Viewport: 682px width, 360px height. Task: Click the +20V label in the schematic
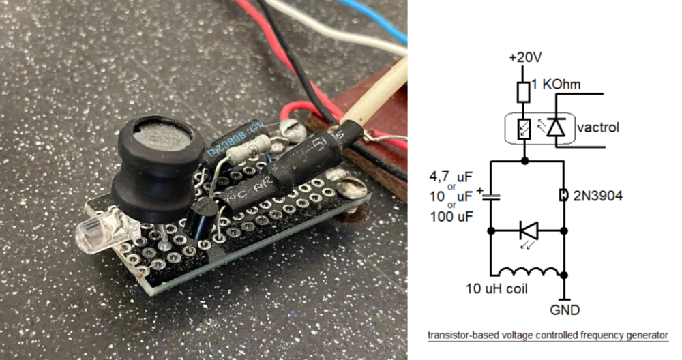[525, 57]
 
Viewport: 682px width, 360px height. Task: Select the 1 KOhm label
[556, 84]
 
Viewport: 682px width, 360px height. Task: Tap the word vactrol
[597, 127]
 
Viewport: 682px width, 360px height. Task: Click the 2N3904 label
[597, 196]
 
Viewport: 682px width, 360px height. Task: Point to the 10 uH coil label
[496, 288]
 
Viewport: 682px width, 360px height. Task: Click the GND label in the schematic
[565, 310]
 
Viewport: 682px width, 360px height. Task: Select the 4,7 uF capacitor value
[451, 177]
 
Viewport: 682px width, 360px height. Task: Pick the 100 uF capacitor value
[451, 216]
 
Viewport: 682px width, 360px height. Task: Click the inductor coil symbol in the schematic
[529, 272]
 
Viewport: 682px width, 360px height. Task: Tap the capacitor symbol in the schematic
[491, 197]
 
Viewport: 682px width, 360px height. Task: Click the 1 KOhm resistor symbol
[523, 92]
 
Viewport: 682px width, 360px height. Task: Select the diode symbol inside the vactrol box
[555, 127]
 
